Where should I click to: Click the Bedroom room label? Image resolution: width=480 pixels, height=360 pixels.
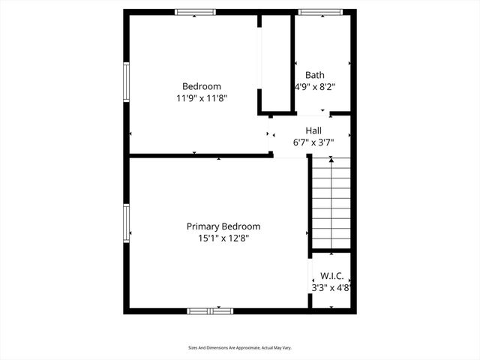pos(202,86)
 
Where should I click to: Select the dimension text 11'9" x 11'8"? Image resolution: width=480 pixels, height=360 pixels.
pos(202,98)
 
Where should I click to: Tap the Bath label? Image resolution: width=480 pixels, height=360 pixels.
pos(314,75)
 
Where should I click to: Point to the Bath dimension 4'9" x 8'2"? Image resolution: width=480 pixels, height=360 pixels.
pos(314,87)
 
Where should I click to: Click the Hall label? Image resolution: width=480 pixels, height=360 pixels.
pos(313,130)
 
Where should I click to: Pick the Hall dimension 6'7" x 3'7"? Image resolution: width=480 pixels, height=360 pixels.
pos(313,142)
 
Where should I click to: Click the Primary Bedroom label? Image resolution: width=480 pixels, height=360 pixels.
pos(223,226)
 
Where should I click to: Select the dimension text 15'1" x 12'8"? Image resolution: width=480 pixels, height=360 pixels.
pos(223,238)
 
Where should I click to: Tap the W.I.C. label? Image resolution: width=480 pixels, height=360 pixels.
pos(331,276)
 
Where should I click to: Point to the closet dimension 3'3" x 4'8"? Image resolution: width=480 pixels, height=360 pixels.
pos(331,287)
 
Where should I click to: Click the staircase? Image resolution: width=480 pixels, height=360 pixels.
pos(331,206)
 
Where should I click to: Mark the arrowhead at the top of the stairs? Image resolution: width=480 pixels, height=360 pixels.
pos(331,160)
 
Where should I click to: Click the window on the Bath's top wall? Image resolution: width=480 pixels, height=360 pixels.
pos(320,12)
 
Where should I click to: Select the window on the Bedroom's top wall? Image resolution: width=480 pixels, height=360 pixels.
pos(196,12)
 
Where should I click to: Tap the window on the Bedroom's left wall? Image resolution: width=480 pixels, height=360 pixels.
pos(127,85)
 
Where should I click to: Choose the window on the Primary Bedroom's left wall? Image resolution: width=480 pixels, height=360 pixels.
pos(127,224)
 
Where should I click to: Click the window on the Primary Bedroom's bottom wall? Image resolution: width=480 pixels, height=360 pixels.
pos(210,310)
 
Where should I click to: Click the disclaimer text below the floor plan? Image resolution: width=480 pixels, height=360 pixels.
pos(239,348)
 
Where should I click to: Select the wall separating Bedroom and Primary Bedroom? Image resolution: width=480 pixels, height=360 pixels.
pos(199,156)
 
